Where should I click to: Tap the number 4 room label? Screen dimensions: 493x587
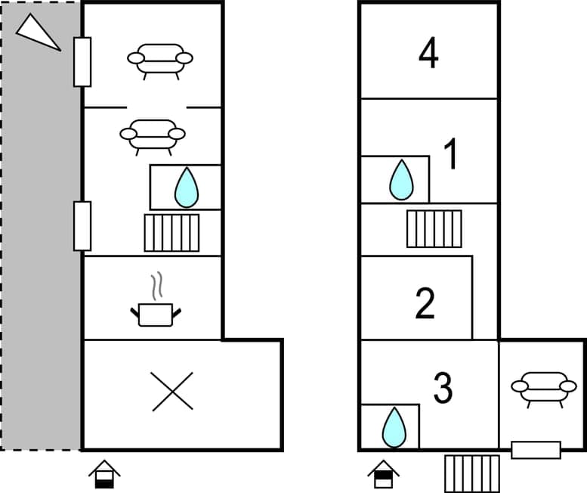[x=428, y=54]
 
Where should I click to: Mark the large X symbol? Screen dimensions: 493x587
[x=172, y=392]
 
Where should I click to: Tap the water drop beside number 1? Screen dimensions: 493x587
[x=401, y=180]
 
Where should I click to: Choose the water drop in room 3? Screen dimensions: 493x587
[x=393, y=427]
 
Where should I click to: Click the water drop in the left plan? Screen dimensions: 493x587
[x=186, y=188]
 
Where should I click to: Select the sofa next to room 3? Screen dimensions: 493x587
[x=539, y=387]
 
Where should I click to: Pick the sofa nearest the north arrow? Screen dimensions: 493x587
[x=159, y=58]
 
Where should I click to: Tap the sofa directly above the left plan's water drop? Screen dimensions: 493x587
[x=153, y=134]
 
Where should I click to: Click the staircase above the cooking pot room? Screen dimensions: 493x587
[x=172, y=233]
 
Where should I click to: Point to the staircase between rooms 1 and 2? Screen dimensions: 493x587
[x=434, y=228]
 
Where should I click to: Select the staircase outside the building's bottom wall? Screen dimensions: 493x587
[x=471, y=473]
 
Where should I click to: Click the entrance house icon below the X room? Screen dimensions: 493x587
[x=104, y=475]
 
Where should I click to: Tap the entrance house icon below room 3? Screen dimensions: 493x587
[x=384, y=475]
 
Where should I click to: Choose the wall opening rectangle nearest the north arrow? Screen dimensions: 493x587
[x=82, y=61]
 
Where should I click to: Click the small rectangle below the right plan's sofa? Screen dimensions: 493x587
[x=536, y=450]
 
